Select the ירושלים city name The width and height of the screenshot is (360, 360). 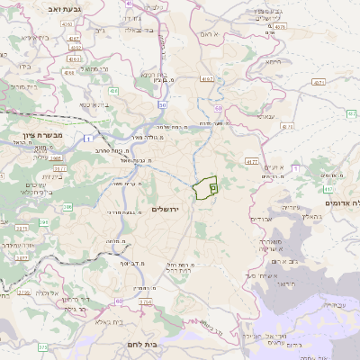(166, 209)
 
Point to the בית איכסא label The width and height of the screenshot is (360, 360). (95, 104)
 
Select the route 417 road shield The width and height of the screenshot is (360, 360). (327, 190)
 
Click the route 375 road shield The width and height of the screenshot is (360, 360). (42, 346)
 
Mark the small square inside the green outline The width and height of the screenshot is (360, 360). (213, 188)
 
